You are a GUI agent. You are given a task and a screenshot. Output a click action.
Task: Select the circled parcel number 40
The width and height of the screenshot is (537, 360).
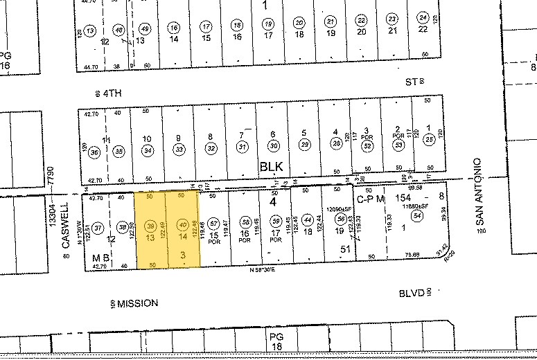[x=182, y=224]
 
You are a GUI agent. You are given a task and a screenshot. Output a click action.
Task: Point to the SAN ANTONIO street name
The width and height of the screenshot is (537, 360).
[x=477, y=191]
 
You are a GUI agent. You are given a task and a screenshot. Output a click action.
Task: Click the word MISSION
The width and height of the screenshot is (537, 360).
[x=138, y=303]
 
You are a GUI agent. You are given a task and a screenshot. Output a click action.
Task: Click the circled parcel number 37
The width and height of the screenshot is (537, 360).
[x=98, y=226]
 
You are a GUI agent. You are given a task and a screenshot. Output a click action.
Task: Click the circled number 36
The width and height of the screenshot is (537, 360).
[x=95, y=152]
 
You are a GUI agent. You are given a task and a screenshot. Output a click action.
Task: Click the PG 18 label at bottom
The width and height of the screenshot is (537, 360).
[x=277, y=341]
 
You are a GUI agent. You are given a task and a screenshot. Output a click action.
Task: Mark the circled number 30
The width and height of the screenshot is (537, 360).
[x=274, y=146]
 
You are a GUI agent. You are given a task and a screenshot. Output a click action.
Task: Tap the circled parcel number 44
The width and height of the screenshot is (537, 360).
[x=308, y=219]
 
